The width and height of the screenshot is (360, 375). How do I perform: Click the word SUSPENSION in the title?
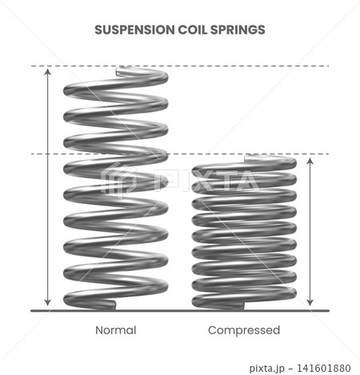point(134,30)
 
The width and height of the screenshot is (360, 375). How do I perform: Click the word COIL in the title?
point(192,30)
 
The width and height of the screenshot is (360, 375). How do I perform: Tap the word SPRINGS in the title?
point(238,30)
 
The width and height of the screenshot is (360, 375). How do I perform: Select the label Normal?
point(116,330)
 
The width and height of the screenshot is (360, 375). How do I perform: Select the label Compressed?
point(244,330)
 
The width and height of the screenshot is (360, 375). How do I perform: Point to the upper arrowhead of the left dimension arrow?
point(47,71)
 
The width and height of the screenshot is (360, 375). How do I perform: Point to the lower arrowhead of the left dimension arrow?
point(47,303)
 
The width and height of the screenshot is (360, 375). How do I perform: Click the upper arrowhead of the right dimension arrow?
point(310,161)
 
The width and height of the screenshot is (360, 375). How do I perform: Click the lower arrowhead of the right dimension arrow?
point(310,303)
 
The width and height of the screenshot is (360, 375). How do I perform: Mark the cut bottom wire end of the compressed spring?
point(242,306)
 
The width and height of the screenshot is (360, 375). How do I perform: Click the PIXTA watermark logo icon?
point(118,181)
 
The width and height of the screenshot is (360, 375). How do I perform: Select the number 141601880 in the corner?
point(324,368)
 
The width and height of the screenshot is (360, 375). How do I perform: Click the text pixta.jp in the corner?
point(267,369)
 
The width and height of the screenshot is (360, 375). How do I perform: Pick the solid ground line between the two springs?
point(180,311)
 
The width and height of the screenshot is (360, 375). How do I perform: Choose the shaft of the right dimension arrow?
point(310,232)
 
